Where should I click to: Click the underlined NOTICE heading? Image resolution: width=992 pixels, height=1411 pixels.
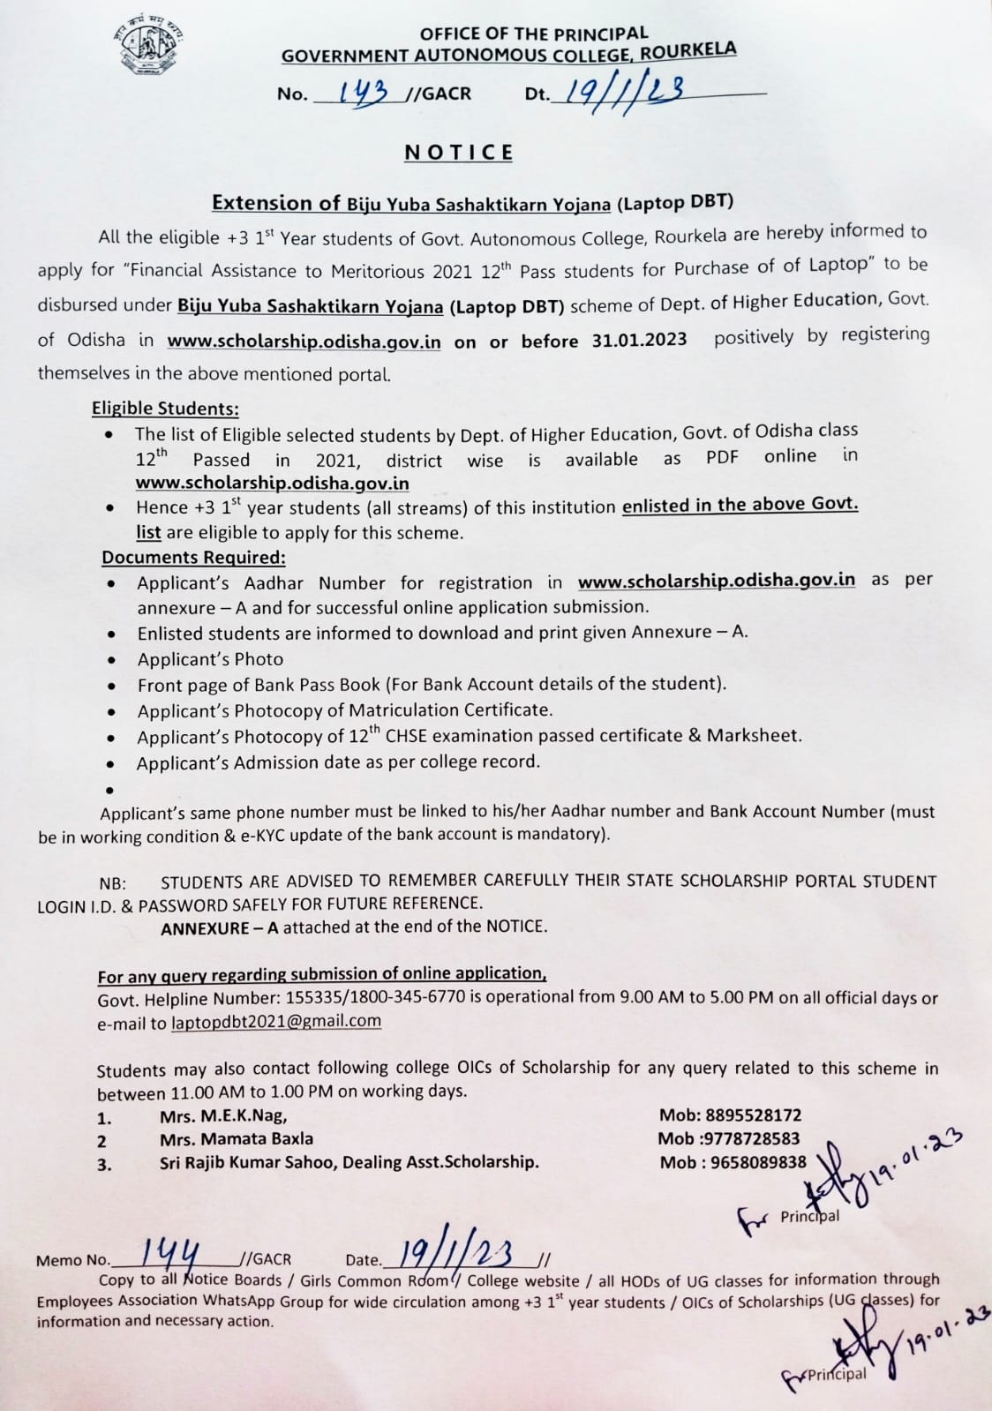(x=459, y=153)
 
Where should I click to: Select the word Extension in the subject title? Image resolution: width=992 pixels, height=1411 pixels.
(x=263, y=204)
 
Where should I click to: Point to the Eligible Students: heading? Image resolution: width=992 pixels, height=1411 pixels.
(x=165, y=409)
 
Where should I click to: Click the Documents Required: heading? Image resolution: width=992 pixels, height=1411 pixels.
(x=193, y=558)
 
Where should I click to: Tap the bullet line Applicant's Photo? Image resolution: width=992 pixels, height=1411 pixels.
(x=210, y=659)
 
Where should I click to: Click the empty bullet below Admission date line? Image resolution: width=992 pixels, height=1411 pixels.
(x=109, y=790)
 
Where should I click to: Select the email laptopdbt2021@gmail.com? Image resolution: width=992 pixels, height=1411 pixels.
(x=276, y=1022)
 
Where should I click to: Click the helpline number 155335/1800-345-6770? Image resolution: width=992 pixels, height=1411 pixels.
(x=383, y=998)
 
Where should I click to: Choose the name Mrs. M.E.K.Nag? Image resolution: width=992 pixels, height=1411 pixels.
(x=223, y=1116)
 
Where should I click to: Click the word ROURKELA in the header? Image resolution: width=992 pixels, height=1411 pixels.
(x=688, y=51)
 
